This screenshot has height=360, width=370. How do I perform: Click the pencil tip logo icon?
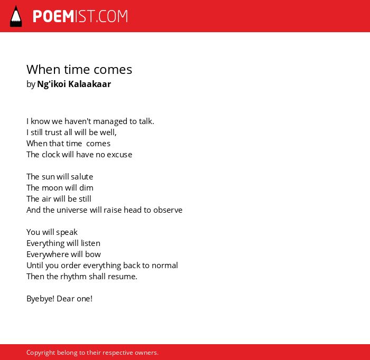pos(16,16)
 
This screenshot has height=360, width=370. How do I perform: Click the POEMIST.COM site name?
pos(80,16)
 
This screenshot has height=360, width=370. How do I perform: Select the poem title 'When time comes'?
pos(79,70)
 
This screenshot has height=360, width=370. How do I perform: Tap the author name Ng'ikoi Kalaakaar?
pos(74,84)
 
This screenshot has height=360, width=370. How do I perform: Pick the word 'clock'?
pos(51,155)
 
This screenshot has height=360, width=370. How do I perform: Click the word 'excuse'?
pos(119,155)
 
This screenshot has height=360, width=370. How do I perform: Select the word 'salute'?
pos(82,177)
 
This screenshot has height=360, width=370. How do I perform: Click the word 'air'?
pos(47,199)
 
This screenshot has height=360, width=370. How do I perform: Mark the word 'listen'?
pos(90,243)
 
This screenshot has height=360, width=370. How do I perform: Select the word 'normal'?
pos(165,266)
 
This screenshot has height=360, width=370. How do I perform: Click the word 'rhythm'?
pos(73,277)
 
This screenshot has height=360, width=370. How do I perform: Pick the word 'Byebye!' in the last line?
pos(40,299)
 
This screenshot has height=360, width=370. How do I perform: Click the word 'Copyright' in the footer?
pos(41,353)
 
